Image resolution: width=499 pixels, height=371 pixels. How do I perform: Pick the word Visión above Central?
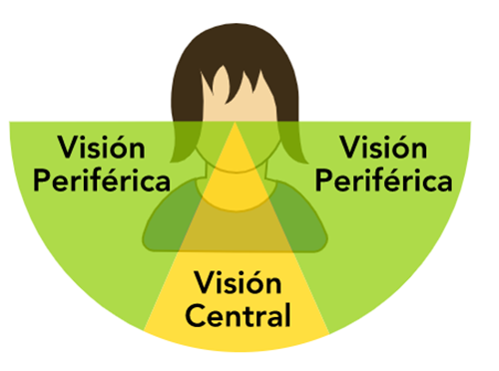pyautogui.click(x=239, y=283)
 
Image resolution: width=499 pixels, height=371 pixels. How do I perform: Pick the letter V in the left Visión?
pyautogui.click(x=66, y=151)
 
